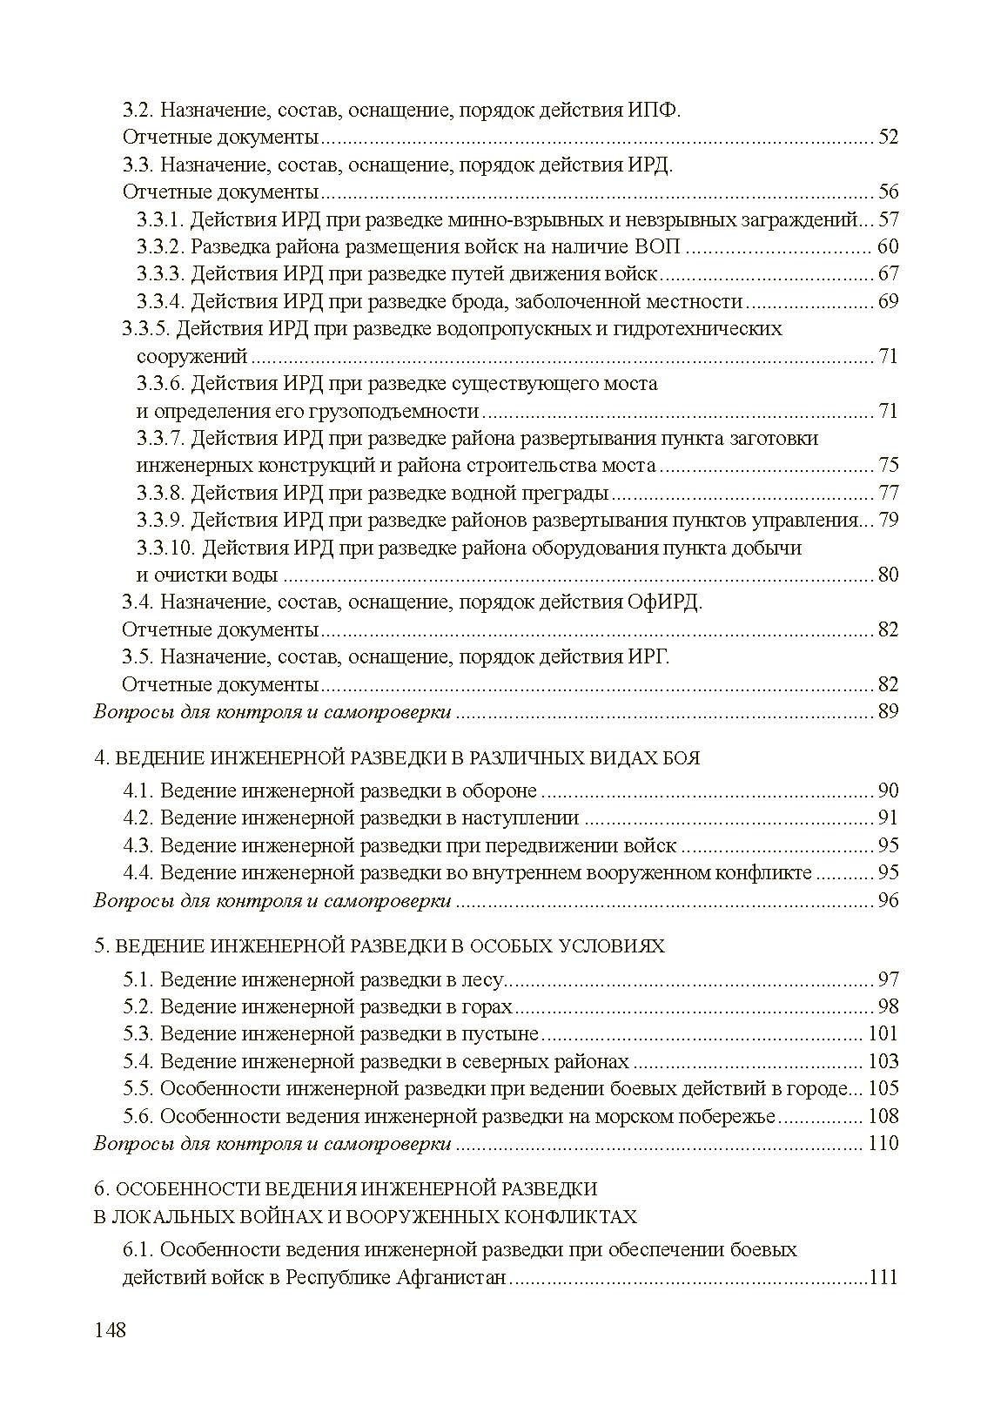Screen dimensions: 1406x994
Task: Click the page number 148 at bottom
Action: pos(110,1330)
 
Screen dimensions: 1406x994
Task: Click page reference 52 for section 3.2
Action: pos(888,138)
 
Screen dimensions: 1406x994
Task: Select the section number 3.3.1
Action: pos(160,219)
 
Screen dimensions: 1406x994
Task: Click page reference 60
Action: pos(888,246)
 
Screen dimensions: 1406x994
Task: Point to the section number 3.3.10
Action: pos(165,548)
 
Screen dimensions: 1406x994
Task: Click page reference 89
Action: pos(888,712)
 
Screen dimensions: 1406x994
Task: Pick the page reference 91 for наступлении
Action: pos(888,818)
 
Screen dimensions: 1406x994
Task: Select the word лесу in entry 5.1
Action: pos(484,980)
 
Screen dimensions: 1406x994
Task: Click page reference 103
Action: pos(883,1062)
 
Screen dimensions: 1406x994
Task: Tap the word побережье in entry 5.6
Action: pos(728,1116)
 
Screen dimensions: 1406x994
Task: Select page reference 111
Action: pos(883,1278)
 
